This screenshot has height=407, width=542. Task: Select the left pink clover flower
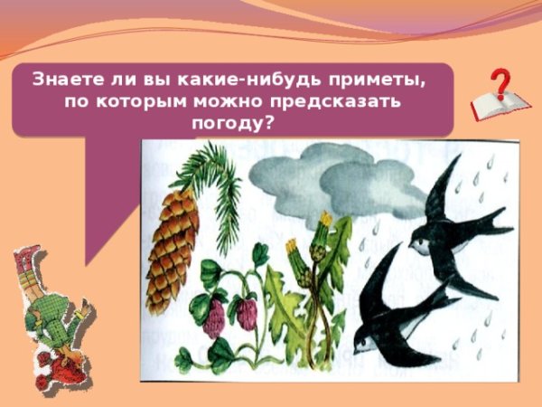coord(214,317)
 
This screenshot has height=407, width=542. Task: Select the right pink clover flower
coord(245,313)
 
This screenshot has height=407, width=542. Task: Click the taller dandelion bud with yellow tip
coord(324,226)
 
